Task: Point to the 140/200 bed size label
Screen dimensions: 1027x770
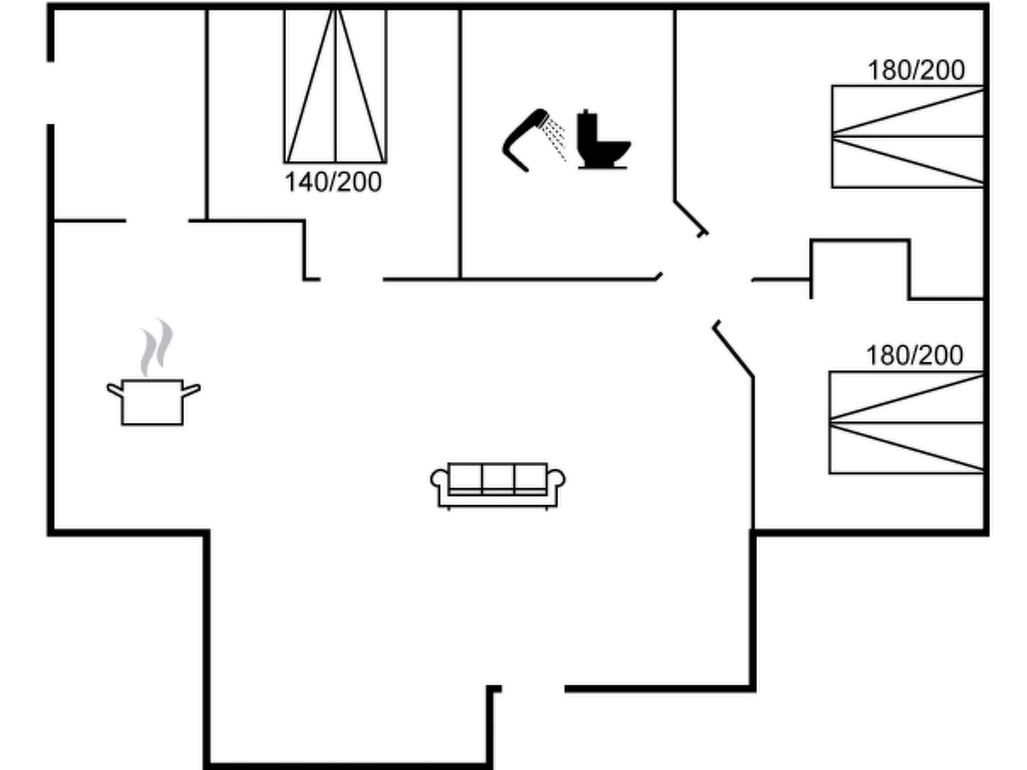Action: (333, 182)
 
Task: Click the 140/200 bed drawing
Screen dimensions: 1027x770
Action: (335, 86)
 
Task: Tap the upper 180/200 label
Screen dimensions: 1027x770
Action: (916, 70)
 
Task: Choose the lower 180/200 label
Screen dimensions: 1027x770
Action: (915, 355)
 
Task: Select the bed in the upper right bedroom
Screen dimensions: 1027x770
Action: (908, 137)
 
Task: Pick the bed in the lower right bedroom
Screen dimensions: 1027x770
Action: (907, 423)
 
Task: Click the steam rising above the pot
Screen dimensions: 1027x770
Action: (156, 347)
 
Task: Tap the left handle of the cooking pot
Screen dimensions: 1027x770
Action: (115, 390)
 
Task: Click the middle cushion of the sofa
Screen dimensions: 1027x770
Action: (498, 479)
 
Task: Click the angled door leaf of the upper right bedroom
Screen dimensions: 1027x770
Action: (691, 218)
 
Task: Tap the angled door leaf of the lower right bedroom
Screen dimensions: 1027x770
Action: (733, 349)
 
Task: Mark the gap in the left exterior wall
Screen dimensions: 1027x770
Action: (51, 93)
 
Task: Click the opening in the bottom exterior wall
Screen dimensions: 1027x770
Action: (533, 689)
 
